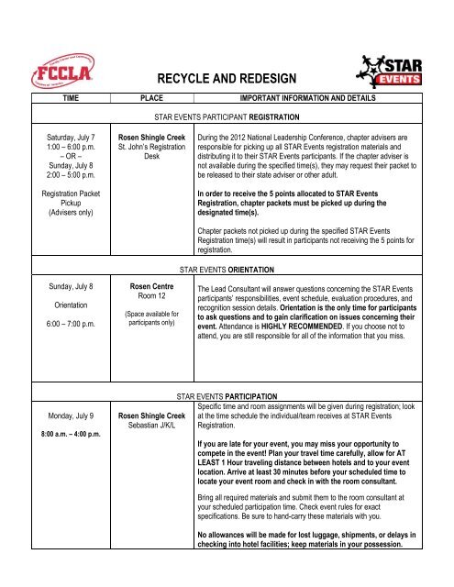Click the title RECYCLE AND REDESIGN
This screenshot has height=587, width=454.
point(226,79)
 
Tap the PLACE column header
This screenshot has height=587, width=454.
point(152,95)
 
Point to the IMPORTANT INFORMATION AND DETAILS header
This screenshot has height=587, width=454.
point(316,95)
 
